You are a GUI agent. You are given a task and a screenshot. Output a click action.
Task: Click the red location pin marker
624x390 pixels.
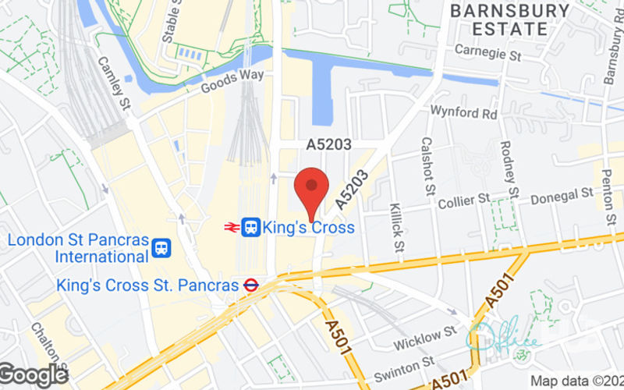312,187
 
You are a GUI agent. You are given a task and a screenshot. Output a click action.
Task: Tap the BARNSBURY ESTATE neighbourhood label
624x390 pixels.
510,19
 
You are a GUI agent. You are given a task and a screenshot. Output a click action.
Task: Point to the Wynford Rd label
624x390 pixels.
464,114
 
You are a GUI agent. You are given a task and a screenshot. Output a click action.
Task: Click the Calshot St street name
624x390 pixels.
427,167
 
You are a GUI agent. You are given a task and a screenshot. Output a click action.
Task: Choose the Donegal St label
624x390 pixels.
562,197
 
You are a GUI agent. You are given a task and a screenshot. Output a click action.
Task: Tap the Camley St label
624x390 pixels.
112,83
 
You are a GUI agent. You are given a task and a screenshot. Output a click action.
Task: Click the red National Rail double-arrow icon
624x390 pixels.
231,227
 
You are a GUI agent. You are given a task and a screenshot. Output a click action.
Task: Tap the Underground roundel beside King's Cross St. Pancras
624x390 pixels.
250,285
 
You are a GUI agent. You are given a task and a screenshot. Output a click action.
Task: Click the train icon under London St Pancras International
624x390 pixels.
161,248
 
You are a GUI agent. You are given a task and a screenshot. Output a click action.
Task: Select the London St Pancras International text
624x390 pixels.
78,247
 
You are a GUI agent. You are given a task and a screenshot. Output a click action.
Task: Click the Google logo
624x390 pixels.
33,374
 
